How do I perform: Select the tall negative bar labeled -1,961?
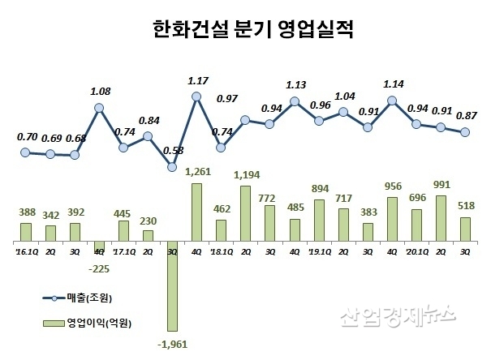[172, 285]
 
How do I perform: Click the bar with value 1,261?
[196, 212]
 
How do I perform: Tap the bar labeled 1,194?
[245, 214]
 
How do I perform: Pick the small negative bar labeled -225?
[99, 247]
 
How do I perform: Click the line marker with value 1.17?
[196, 96]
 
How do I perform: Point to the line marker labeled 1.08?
[99, 106]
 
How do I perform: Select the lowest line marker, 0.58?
[172, 167]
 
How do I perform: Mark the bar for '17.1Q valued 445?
[123, 231]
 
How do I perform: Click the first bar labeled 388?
[26, 233]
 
